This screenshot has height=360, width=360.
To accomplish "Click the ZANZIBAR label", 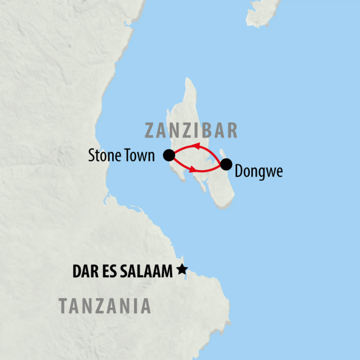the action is (x=191, y=131).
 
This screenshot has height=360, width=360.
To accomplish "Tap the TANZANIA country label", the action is (x=105, y=306).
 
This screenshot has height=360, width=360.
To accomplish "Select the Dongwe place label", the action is (x=258, y=173).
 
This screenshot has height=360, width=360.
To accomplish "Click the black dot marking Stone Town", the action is (x=169, y=155).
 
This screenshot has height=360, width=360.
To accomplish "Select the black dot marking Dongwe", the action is (x=226, y=164).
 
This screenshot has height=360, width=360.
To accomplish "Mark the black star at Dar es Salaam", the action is (x=182, y=270).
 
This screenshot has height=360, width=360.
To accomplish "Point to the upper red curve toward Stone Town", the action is (x=211, y=150).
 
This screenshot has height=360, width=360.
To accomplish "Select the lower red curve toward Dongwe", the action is (x=207, y=170).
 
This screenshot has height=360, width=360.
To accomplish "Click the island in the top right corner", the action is (x=262, y=12).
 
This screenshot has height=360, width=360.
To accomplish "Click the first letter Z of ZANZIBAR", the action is (x=150, y=131).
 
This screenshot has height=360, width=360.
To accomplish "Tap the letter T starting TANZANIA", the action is (x=63, y=306).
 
